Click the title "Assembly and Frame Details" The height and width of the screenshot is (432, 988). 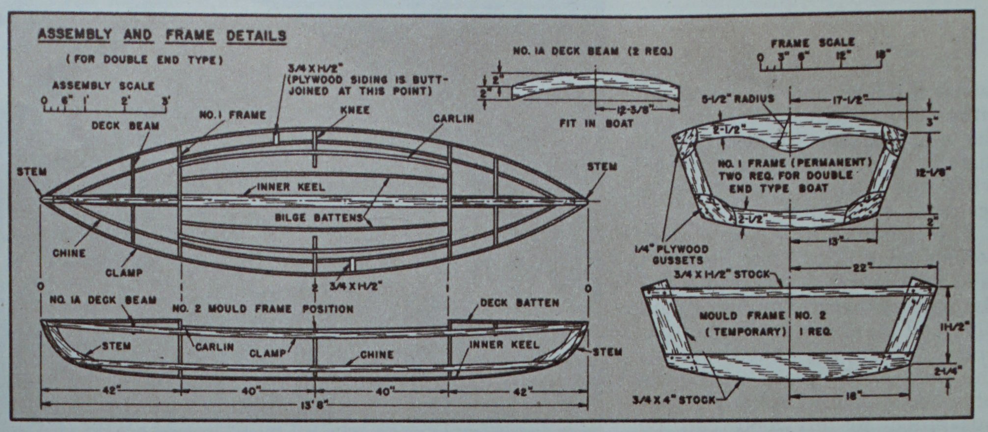pos(162,35)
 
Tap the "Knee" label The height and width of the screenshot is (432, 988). pos(355,109)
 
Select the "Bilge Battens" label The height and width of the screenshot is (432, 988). pos(318,217)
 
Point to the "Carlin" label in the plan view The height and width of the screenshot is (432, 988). pos(453,119)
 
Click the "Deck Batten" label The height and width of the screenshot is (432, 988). pos(520,303)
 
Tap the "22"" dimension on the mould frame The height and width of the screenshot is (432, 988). pos(859,268)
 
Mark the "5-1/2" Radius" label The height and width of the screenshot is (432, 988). pos(738,98)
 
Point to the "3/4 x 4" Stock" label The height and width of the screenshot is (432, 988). pos(674,400)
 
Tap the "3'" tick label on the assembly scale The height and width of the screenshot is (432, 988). pos(166,101)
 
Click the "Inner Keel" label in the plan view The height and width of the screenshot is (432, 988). pos(291,187)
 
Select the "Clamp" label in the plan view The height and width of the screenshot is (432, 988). pos(124,272)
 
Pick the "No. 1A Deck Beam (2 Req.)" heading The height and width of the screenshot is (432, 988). pos(593,51)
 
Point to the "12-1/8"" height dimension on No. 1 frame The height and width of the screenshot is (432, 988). pos(934,172)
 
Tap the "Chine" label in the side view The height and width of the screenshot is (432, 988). pos(377,354)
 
